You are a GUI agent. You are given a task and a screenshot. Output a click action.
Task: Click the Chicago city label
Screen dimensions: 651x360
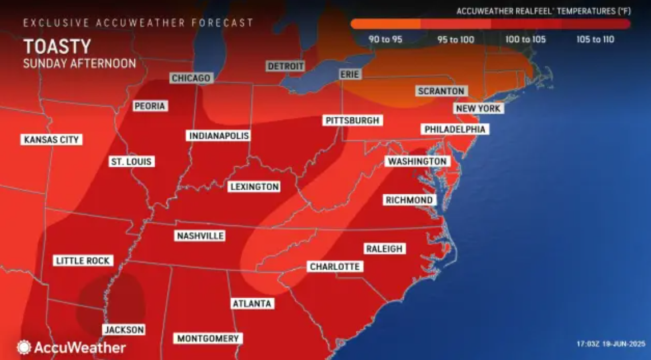pyautogui.click(x=191, y=78)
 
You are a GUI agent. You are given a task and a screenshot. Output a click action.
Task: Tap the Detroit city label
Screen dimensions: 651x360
pyautogui.click(x=286, y=66)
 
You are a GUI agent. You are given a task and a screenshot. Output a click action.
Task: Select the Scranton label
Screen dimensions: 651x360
pyautogui.click(x=441, y=91)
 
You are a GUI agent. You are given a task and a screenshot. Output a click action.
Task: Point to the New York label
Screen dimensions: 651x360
pyautogui.click(x=478, y=108)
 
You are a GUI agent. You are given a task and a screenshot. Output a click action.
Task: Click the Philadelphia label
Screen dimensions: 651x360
pyautogui.click(x=455, y=129)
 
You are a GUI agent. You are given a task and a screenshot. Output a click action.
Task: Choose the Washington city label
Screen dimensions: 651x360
pyautogui.click(x=417, y=162)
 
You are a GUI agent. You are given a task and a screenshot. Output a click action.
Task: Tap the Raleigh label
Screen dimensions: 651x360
pyautogui.click(x=384, y=249)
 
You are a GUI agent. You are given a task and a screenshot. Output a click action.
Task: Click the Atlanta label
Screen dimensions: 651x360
pyautogui.click(x=251, y=303)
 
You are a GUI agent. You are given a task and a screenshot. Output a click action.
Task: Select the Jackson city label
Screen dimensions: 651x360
pyautogui.click(x=123, y=330)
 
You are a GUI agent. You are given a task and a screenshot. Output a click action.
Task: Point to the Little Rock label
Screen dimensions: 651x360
pyautogui.click(x=83, y=261)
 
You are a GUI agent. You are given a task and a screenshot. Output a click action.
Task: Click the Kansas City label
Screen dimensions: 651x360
pyautogui.click(x=51, y=139)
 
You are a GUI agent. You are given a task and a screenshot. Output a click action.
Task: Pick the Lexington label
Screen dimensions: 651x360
pyautogui.click(x=254, y=186)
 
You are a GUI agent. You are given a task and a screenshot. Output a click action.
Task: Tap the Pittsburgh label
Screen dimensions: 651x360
pyautogui.click(x=352, y=121)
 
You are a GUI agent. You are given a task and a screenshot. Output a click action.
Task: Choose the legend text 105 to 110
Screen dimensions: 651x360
pyautogui.click(x=595, y=39)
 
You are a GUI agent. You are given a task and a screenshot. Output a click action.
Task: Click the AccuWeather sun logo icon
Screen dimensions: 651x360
pyautogui.click(x=23, y=347)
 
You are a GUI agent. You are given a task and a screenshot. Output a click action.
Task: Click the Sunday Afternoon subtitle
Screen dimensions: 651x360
pyautogui.click(x=79, y=63)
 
